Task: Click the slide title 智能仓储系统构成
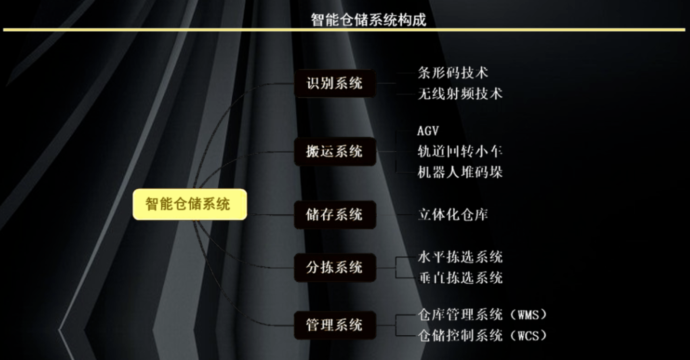368,20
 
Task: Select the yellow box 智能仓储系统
190,204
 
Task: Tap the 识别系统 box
335,83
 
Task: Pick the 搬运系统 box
335,151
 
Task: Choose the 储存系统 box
335,215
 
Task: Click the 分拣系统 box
335,267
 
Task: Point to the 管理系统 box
335,325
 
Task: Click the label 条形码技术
453,73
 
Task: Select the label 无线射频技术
460,94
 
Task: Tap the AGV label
428,131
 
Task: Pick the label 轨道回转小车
460,151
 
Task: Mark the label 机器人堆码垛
460,172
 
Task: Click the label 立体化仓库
453,215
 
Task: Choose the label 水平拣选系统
460,257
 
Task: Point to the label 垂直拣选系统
460,278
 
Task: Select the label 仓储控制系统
460,336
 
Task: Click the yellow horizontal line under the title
344,30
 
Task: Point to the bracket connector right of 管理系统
396,325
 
